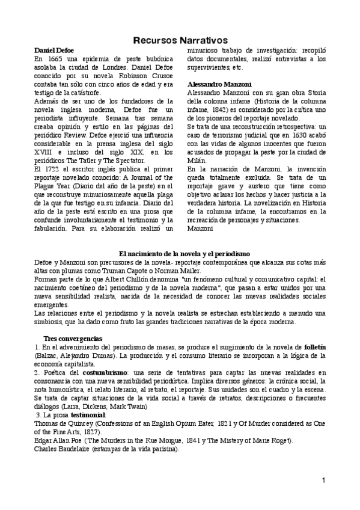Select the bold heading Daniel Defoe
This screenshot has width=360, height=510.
click(54, 50)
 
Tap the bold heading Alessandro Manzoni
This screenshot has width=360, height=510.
click(219, 84)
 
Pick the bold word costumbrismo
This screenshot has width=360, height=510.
click(102, 373)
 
